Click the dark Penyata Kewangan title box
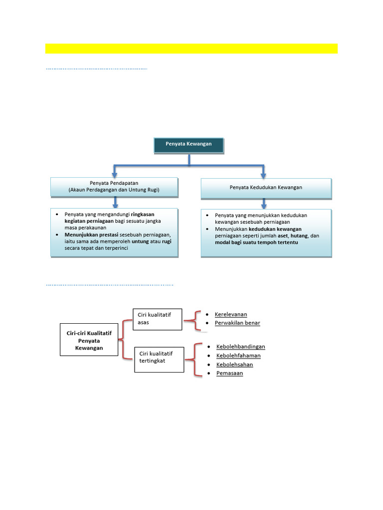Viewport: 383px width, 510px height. click(x=189, y=145)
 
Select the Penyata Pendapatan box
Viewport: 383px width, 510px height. click(x=114, y=187)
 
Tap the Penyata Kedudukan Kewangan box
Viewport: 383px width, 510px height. click(x=266, y=188)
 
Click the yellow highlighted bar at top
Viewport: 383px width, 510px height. click(x=191, y=48)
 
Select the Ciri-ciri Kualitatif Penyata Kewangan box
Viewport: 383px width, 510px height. click(x=89, y=341)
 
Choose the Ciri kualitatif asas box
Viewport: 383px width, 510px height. click(x=158, y=319)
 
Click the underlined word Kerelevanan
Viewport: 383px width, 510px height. click(x=231, y=314)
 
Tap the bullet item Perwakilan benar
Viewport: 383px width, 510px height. click(x=237, y=323)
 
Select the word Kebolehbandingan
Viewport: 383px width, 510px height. click(x=240, y=346)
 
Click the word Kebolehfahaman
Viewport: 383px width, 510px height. click(x=238, y=355)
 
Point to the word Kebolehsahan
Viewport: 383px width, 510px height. click(x=234, y=364)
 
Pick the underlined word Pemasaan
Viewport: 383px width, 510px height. click(x=229, y=373)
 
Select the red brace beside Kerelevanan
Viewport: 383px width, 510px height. click(x=196, y=319)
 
